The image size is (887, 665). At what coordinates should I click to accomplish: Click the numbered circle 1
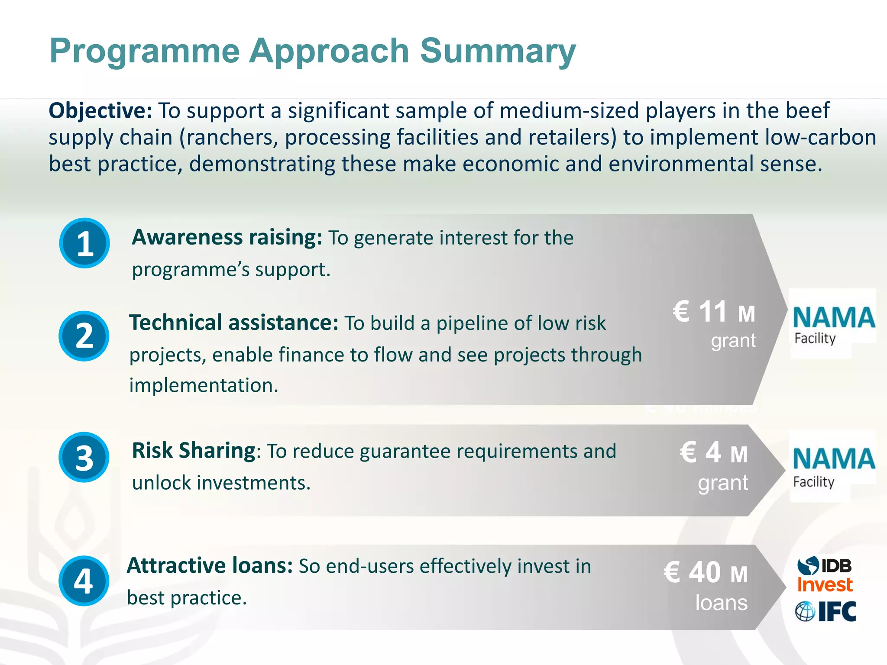pyautogui.click(x=84, y=243)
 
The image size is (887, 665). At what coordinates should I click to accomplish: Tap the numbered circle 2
pyautogui.click(x=84, y=336)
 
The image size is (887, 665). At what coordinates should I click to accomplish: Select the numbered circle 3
pyautogui.click(x=84, y=458)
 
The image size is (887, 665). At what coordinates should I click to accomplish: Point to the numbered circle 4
pyautogui.click(x=84, y=581)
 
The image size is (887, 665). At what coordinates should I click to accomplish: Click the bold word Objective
pyautogui.click(x=100, y=111)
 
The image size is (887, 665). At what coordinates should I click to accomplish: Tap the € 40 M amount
pyautogui.click(x=706, y=572)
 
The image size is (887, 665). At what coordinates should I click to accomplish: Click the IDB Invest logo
pyautogui.click(x=825, y=575)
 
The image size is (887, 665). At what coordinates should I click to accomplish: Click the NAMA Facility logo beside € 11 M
pyautogui.click(x=832, y=323)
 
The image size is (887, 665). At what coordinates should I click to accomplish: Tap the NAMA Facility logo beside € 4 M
pyautogui.click(x=832, y=466)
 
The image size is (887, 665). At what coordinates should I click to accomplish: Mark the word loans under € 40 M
pyautogui.click(x=721, y=603)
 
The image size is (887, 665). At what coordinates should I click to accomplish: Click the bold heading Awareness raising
pyautogui.click(x=227, y=237)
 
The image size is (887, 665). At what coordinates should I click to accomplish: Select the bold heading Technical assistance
pyautogui.click(x=233, y=323)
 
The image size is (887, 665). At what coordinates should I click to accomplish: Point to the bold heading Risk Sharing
pyautogui.click(x=194, y=451)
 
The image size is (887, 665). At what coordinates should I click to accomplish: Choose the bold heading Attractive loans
pyautogui.click(x=210, y=566)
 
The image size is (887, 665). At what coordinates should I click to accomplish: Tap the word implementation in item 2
pyautogui.click(x=204, y=385)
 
